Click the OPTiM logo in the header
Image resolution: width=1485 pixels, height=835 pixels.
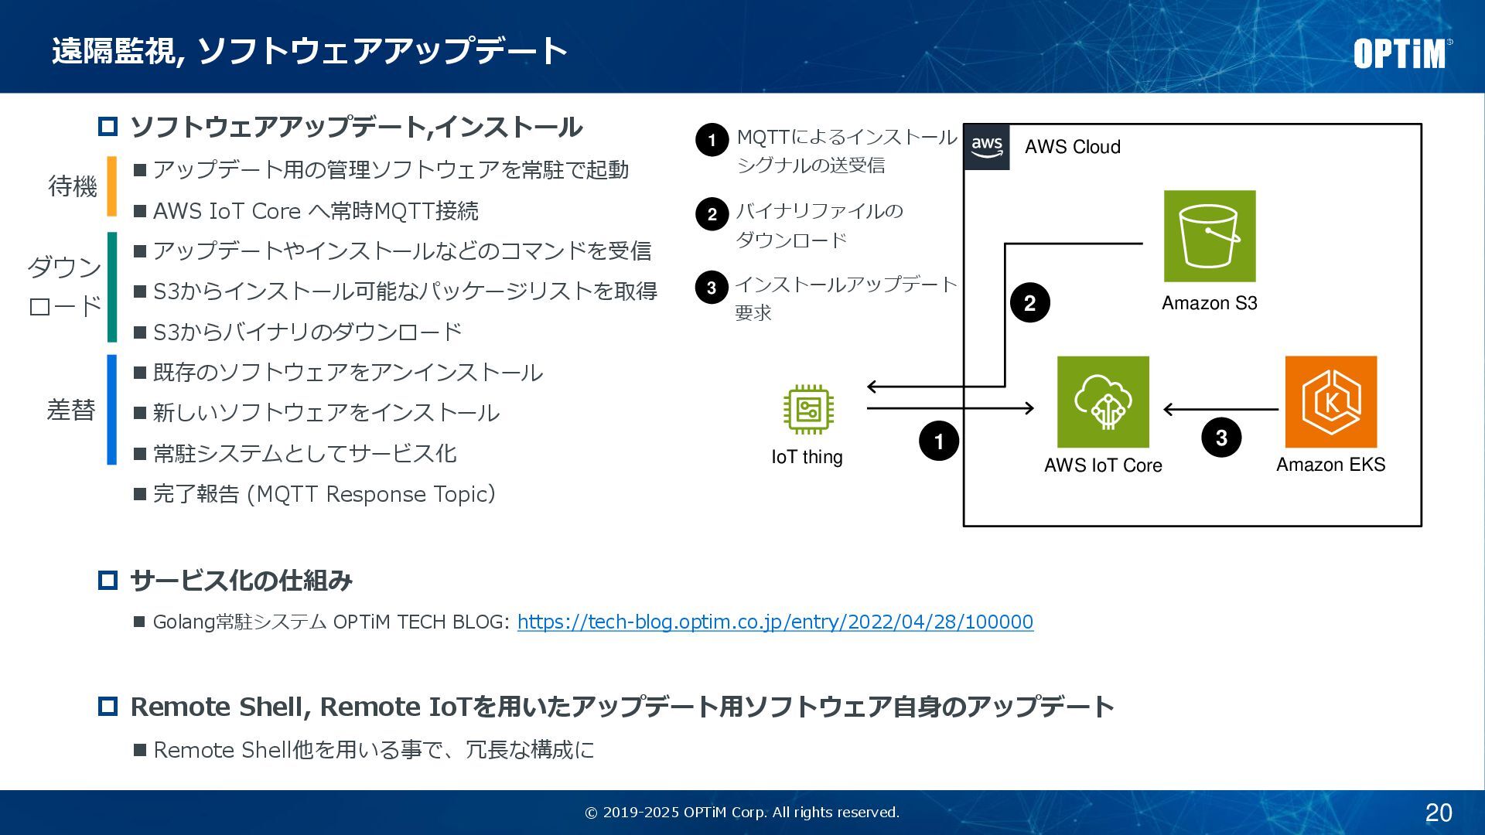pyautogui.click(x=1401, y=53)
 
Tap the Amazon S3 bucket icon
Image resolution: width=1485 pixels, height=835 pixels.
pyautogui.click(x=1210, y=236)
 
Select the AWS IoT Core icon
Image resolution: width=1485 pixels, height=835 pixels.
pyautogui.click(x=1103, y=402)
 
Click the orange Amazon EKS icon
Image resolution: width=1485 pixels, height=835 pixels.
pyautogui.click(x=1330, y=402)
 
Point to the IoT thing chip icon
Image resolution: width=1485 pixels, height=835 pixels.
pyautogui.click(x=808, y=409)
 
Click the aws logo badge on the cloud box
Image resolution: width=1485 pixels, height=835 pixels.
pyautogui.click(x=987, y=146)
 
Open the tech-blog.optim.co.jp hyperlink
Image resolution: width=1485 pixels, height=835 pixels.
pyautogui.click(x=775, y=622)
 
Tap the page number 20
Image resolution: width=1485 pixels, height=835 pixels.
pyautogui.click(x=1439, y=813)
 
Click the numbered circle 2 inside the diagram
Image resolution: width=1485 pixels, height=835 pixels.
pyautogui.click(x=1029, y=303)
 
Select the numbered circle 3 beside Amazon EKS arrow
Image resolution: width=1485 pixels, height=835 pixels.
pyautogui.click(x=1221, y=438)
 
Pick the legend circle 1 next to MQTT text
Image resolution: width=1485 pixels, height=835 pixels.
pyautogui.click(x=712, y=140)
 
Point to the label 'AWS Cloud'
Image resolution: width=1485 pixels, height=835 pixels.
pyautogui.click(x=1072, y=147)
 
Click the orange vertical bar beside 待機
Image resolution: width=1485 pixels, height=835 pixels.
pyautogui.click(x=112, y=186)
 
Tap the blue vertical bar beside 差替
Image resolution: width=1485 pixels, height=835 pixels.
pyautogui.click(x=112, y=410)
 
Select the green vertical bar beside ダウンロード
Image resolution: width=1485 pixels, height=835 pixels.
pyautogui.click(x=112, y=287)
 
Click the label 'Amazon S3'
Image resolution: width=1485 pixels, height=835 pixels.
pyautogui.click(x=1209, y=303)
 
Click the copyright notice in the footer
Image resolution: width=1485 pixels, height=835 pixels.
pyautogui.click(x=742, y=813)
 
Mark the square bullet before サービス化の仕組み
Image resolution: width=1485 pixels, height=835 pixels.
pyautogui.click(x=108, y=580)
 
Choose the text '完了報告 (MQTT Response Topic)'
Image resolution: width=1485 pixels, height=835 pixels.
pyautogui.click(x=324, y=494)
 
